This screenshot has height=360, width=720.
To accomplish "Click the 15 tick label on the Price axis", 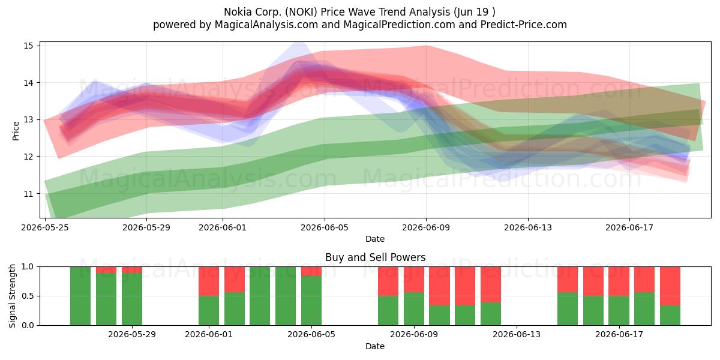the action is click(x=28, y=46).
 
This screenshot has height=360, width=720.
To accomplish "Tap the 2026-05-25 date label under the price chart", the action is click(x=45, y=228).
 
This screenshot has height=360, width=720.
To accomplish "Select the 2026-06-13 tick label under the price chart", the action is click(x=528, y=228).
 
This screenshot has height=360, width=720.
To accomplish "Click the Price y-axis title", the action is click(x=16, y=131).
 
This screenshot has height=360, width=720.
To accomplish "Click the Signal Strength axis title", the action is click(x=12, y=296).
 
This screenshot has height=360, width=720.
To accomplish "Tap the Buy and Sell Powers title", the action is click(x=375, y=257).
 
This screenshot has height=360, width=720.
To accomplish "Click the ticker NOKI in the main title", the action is click(x=301, y=12).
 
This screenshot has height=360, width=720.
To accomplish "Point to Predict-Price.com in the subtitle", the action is click(x=524, y=25).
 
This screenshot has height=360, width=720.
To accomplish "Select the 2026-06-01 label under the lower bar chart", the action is click(x=209, y=335).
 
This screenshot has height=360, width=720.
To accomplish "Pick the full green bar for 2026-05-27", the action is click(x=80, y=296).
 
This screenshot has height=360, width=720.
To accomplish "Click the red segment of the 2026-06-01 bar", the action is click(x=209, y=281).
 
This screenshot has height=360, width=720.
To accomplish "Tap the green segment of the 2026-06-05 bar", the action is click(x=311, y=301).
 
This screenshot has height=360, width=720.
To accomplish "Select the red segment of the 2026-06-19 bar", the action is click(x=670, y=286).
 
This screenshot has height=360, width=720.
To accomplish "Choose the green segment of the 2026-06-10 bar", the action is click(x=439, y=316).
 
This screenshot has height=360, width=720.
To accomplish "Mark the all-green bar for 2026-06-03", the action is click(x=260, y=296).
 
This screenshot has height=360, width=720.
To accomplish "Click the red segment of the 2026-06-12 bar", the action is click(x=491, y=284).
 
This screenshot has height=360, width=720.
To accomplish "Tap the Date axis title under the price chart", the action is click(x=375, y=239).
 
